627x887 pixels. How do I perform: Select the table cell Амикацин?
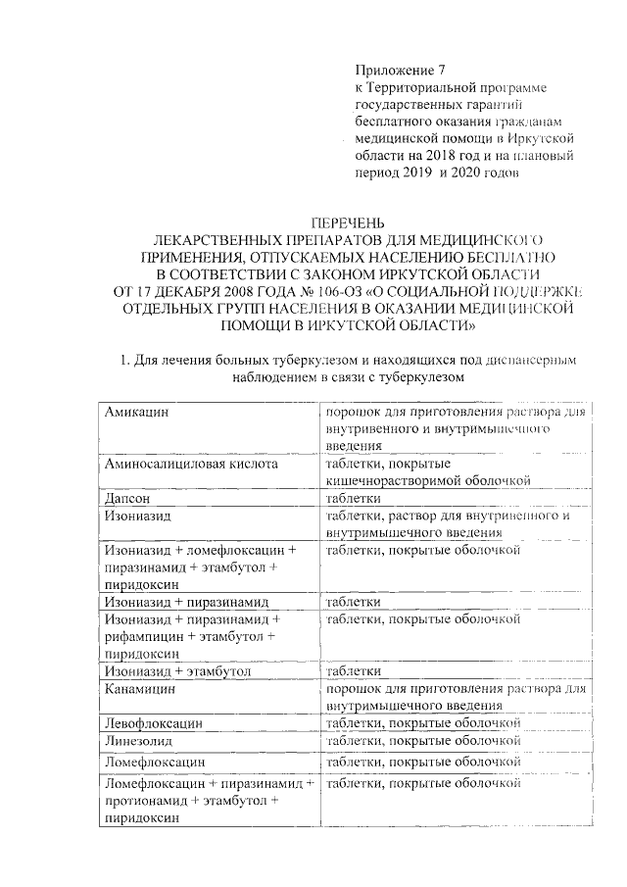tap(136, 413)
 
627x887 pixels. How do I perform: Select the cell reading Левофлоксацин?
tap(154, 722)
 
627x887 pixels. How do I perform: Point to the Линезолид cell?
tap(140, 741)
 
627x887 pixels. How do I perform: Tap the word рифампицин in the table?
tap(147, 637)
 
